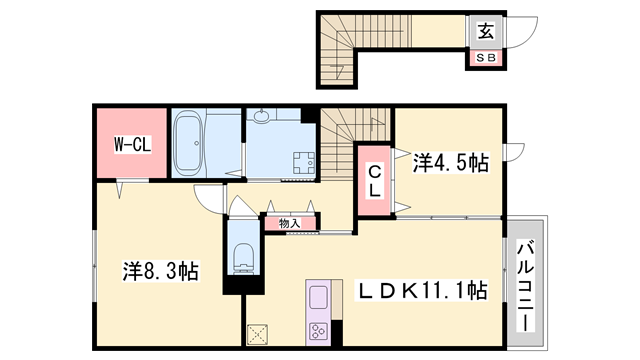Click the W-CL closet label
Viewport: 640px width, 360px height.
tap(130, 144)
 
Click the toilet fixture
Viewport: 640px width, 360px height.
tap(242, 257)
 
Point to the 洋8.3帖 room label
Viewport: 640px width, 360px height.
tap(160, 270)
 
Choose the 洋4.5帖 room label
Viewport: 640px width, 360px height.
tap(452, 163)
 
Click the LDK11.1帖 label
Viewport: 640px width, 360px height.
tap(423, 291)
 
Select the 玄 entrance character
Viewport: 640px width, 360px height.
tap(486, 31)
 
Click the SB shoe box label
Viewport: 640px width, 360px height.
tap(485, 58)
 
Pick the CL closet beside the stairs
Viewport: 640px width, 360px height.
tap(372, 180)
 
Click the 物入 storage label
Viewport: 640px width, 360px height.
tap(289, 223)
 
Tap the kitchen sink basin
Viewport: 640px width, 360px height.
tap(318, 298)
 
